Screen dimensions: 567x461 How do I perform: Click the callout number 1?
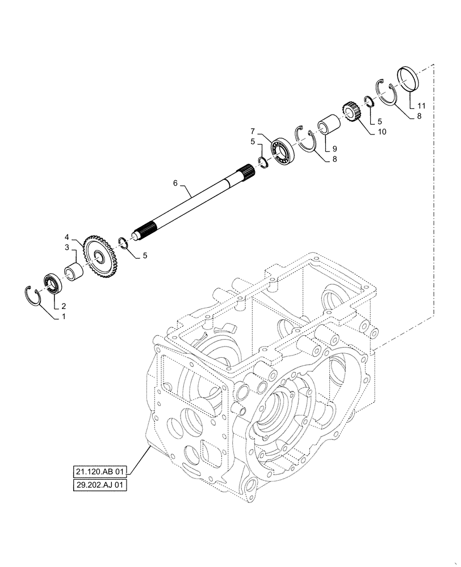point(64,317)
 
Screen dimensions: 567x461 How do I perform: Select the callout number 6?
point(175,183)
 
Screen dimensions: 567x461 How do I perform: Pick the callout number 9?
point(334,149)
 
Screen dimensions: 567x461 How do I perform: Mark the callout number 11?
point(421,106)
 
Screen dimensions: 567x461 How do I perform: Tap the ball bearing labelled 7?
point(281,151)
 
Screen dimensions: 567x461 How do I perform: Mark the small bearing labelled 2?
point(52,282)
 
